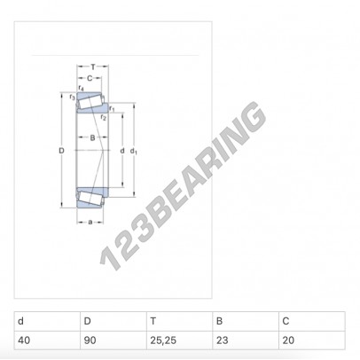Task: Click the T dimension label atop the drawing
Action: (93, 67)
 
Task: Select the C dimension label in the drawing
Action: (89, 78)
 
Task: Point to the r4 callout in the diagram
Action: (81, 88)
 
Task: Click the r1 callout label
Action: (112, 107)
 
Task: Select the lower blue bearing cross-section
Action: (91, 197)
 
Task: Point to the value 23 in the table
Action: (223, 339)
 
